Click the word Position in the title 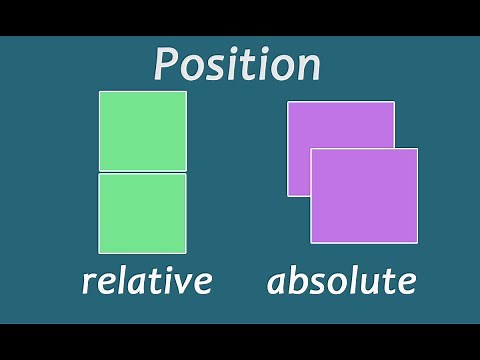pos(237,64)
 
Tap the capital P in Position pos(168,64)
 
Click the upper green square pos(142,130)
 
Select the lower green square pos(142,213)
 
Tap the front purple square pos(364,196)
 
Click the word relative pos(146,281)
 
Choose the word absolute pos(341,281)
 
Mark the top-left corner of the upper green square pos(99,92)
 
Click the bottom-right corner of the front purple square pos(417,243)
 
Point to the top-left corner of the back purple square pos(288,102)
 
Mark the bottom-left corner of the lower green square pos(99,253)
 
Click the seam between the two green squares pos(142,172)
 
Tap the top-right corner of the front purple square pos(417,149)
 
